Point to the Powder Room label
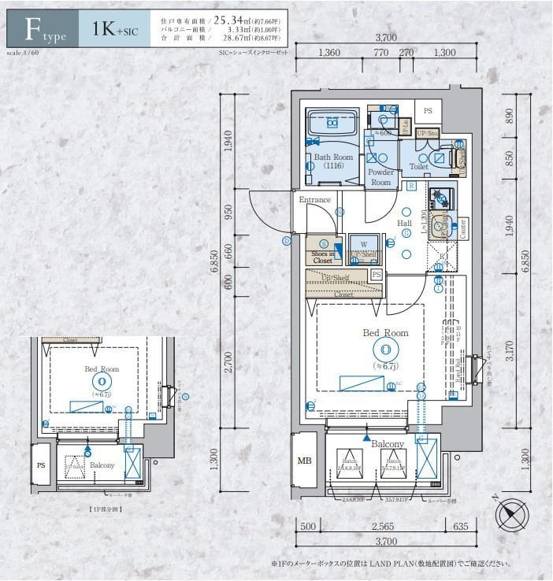pos(380,177)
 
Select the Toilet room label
pos(418,167)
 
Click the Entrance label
pos(314,200)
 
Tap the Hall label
pos(404,224)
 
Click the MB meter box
pos(303,461)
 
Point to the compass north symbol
pos(511,516)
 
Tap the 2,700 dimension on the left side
pos(228,361)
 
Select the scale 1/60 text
pos(21,52)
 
